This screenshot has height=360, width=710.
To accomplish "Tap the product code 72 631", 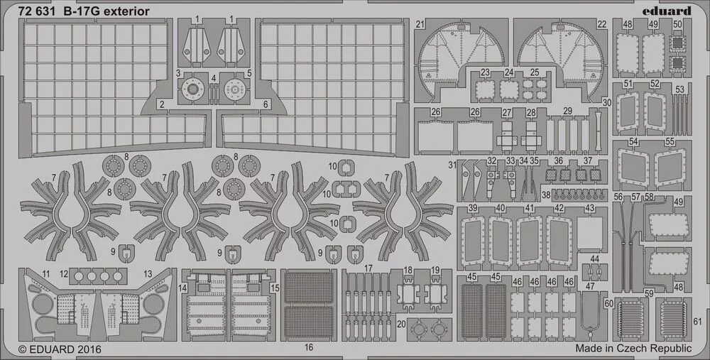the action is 37,12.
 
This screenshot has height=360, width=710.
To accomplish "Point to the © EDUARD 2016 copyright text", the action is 60,349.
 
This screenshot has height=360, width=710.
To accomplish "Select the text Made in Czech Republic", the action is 633,348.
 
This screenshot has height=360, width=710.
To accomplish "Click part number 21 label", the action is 420,24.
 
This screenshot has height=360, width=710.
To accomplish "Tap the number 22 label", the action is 601,24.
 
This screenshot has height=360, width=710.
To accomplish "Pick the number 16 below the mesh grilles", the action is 309,348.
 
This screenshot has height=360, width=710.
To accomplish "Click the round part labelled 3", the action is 193,89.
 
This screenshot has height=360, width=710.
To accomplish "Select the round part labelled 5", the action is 234,89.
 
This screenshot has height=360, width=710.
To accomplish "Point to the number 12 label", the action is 64,274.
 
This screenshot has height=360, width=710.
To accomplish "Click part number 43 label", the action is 589,208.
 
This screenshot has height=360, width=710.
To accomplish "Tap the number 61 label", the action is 697,321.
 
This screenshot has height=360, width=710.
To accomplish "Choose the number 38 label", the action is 546,195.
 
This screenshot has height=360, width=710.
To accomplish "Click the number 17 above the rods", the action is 368,268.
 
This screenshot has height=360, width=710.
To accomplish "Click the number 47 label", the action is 589,287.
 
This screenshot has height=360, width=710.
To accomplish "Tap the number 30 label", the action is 607,103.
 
